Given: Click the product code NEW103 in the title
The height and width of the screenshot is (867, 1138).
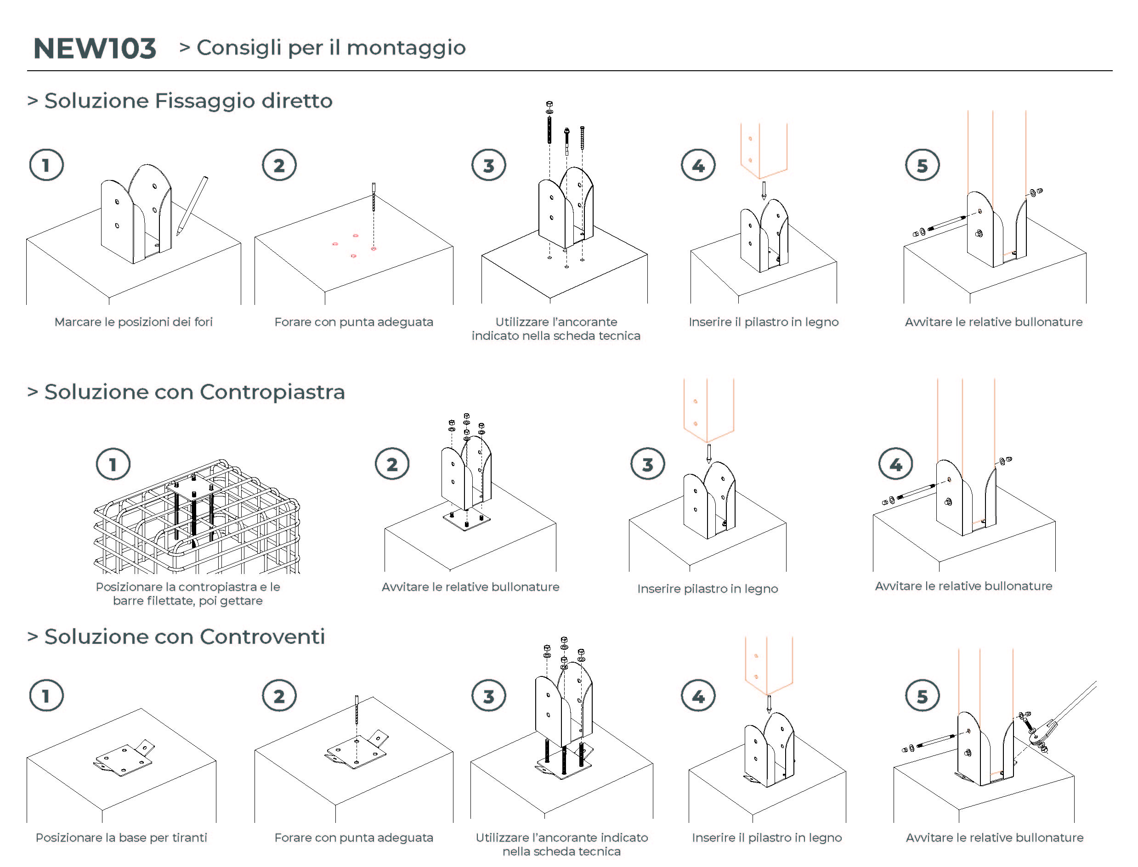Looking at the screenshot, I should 95,49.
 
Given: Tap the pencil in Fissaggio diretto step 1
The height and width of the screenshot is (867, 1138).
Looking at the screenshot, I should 192,205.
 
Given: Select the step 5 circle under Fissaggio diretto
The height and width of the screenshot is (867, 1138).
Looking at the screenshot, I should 922,165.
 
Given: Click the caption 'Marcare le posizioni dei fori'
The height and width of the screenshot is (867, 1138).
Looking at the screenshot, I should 133,322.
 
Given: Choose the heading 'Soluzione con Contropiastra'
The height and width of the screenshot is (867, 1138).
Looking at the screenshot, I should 194,392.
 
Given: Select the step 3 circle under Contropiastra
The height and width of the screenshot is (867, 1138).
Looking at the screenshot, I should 647,464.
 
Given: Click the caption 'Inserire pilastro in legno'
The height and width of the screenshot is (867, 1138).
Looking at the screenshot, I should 708,589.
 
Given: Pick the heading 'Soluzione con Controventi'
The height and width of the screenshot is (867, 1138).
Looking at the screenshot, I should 184,637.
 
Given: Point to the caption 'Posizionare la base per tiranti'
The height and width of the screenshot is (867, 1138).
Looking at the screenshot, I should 121,838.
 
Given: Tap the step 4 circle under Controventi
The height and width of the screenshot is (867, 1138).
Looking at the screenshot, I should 698,696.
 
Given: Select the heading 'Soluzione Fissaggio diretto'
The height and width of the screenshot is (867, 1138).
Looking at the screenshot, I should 188,101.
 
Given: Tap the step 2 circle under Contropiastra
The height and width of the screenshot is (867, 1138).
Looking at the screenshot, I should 392,464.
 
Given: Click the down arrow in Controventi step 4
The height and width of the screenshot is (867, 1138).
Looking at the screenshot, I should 769,704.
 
